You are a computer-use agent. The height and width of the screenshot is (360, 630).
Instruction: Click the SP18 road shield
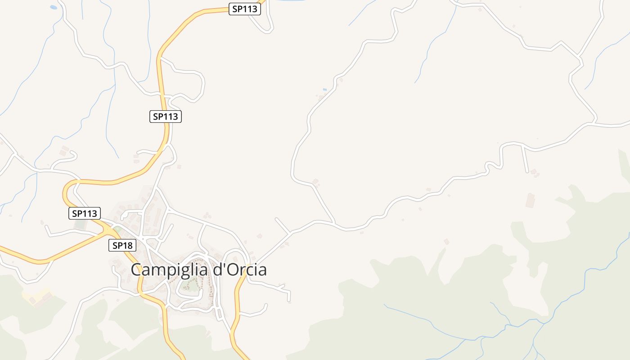(x=122, y=245)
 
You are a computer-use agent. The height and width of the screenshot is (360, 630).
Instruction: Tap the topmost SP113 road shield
(x=245, y=9)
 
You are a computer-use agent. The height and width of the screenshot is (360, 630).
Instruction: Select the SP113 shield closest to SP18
(x=85, y=213)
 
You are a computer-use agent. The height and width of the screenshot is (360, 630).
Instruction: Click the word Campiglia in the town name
(x=170, y=270)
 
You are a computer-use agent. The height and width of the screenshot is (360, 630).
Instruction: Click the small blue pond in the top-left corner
(x=54, y=7)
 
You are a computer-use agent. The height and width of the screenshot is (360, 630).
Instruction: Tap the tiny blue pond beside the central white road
(x=324, y=90)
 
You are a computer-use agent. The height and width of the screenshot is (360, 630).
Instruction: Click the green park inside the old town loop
(x=193, y=285)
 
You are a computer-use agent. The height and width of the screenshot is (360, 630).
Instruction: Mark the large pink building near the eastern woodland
(x=531, y=200)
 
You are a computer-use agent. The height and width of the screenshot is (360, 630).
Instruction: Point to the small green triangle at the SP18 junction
(x=117, y=230)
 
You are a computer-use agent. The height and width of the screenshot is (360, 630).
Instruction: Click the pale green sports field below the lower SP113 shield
(x=80, y=224)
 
